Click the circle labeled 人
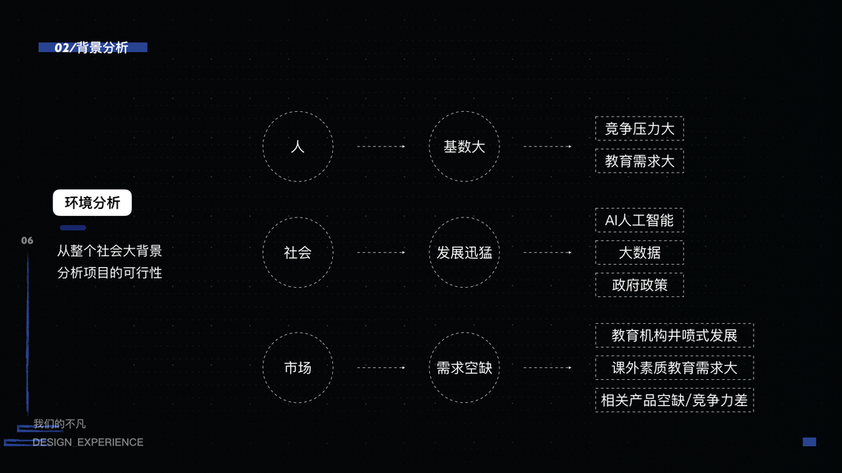(298, 147)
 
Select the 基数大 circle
(464, 147)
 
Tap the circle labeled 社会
(298, 253)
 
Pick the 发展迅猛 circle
(464, 253)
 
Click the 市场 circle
(298, 367)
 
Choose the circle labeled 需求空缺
(464, 367)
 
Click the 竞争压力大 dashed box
(639, 129)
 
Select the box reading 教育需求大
(639, 162)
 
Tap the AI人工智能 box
(639, 221)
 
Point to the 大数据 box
(639, 253)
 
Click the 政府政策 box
(639, 285)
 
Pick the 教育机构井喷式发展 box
(674, 335)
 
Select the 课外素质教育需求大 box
(674, 367)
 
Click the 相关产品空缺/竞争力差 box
(674, 400)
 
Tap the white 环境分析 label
(92, 203)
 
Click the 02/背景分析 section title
(92, 48)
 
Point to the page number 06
(28, 240)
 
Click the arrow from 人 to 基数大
(381, 147)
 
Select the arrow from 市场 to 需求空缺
(381, 367)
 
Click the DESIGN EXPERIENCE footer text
(88, 442)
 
